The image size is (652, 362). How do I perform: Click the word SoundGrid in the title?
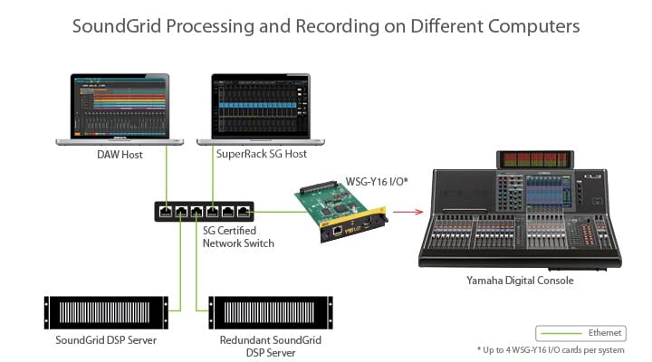coord(117,25)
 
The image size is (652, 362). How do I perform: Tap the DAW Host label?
coord(120,155)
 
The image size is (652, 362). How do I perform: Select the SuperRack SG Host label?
coord(262,154)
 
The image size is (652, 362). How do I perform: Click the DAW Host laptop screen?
coord(120,107)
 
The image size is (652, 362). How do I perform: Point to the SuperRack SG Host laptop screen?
coord(261,107)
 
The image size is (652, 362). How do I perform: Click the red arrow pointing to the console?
coord(407,212)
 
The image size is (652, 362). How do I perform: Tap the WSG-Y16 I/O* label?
coord(377,182)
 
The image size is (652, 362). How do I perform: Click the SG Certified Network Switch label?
coord(238,237)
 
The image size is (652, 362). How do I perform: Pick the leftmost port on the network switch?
coord(166,212)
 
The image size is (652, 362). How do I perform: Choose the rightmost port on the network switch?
coord(244,212)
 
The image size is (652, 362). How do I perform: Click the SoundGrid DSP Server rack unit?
coord(106,312)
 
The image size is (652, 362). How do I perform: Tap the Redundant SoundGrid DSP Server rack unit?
coord(271,312)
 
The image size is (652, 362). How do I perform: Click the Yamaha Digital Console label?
coord(520,281)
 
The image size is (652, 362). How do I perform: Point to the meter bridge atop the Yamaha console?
coord(535,159)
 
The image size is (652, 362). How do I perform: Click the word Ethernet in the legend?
coord(605,332)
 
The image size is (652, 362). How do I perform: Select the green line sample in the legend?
coord(561,333)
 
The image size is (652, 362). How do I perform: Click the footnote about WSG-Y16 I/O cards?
coord(551,350)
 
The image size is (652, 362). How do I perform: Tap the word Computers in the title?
coord(533,26)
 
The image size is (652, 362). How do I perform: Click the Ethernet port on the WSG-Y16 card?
coord(338,230)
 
